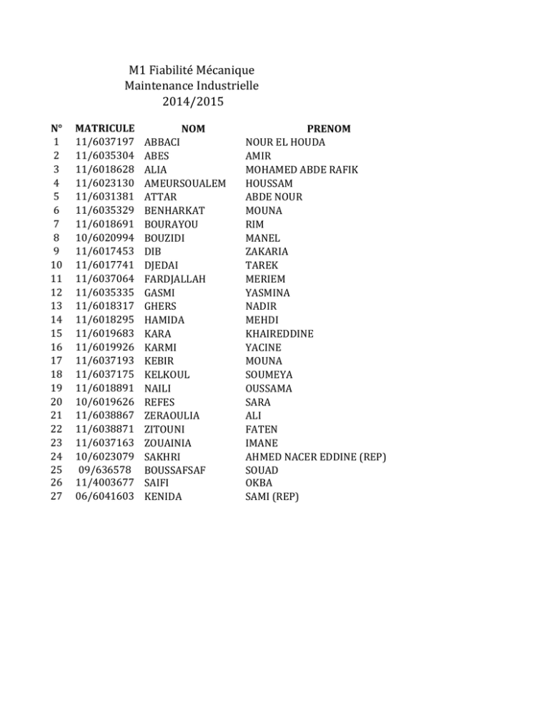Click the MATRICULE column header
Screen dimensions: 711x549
point(106,129)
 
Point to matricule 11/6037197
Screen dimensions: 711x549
point(106,142)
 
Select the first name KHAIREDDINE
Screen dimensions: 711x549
point(280,334)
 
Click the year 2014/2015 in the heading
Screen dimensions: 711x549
point(192,102)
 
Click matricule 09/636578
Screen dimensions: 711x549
point(108,471)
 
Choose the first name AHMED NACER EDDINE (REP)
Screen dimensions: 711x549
point(315,457)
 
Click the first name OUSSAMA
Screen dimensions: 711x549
point(271,388)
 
